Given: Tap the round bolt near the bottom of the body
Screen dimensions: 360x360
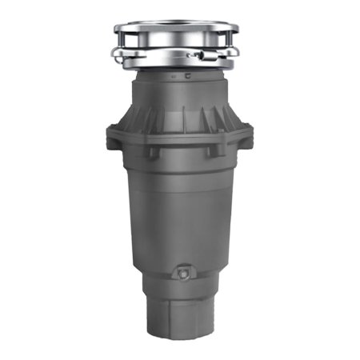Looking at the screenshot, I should [x=183, y=274].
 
